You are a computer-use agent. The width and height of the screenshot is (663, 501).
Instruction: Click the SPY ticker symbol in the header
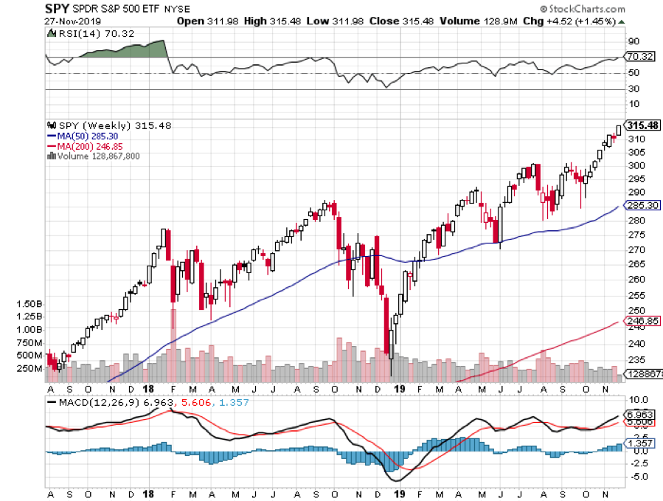click(58, 9)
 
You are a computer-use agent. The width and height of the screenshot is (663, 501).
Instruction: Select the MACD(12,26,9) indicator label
click(94, 403)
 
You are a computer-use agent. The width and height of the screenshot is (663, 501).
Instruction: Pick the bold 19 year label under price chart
click(400, 388)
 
